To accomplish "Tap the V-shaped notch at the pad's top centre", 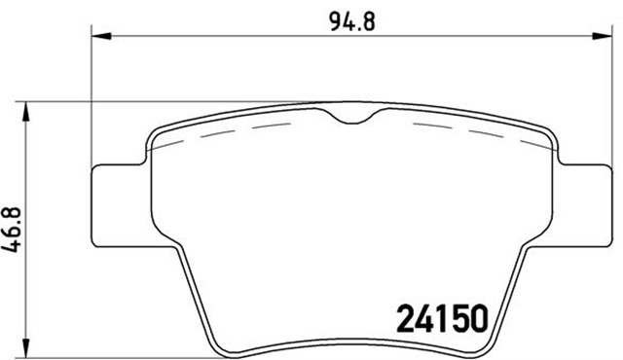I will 353,120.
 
